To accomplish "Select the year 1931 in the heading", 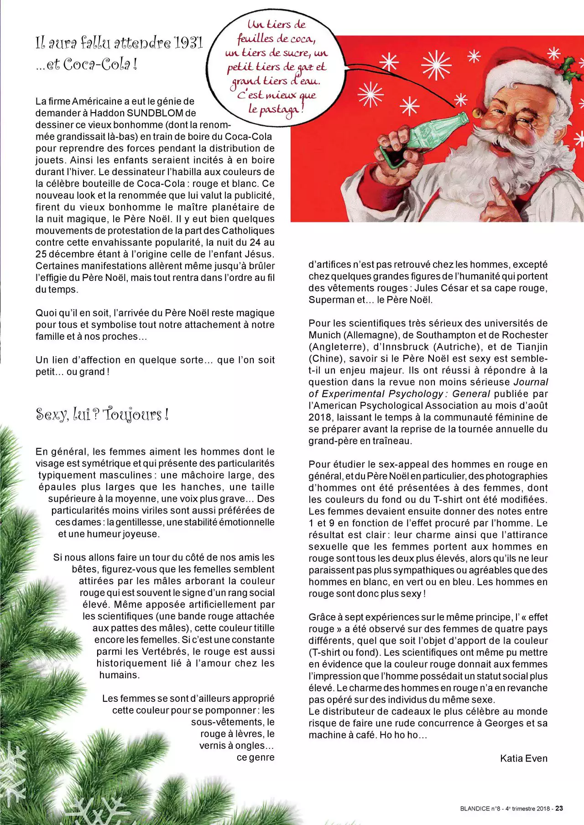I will pos(188,43).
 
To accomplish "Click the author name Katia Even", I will pos(523,758).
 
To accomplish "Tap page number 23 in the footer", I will pos(559,809).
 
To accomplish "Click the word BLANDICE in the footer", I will pos(475,809).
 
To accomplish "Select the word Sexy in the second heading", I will pos(51,415).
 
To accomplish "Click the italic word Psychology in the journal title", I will pos(414,394).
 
